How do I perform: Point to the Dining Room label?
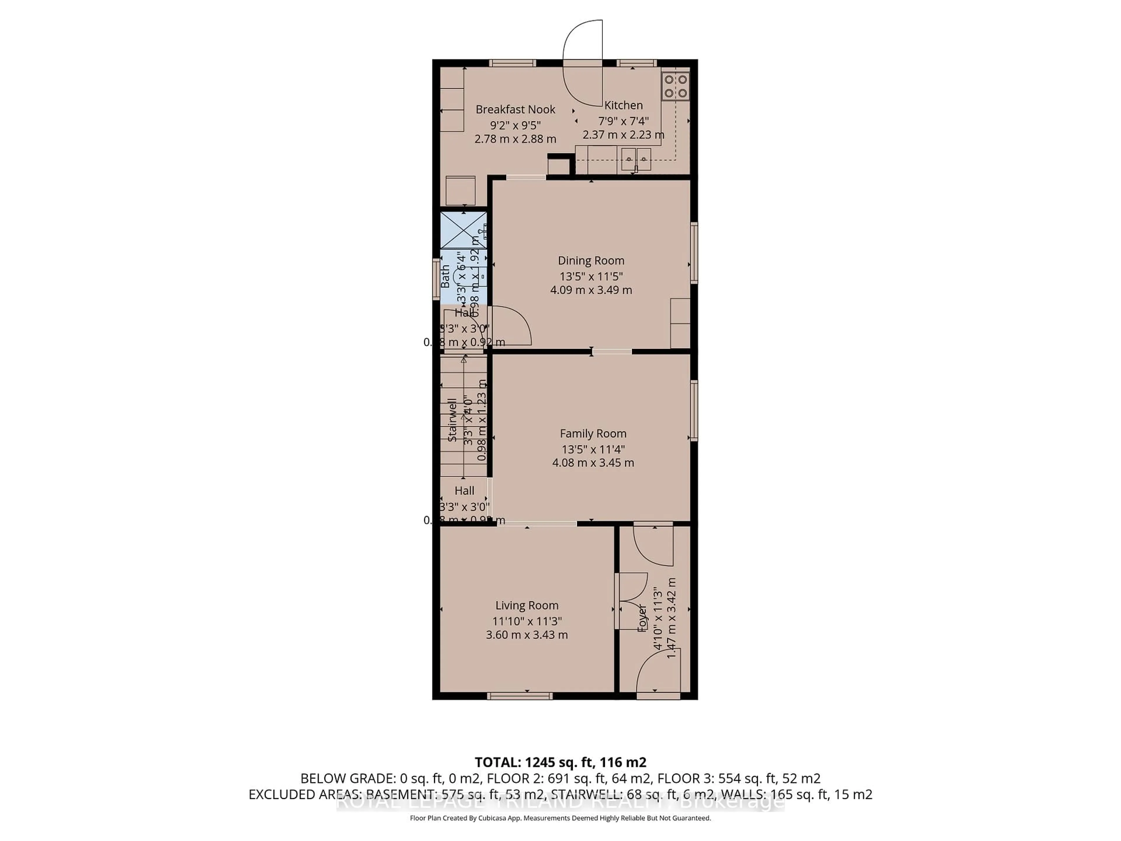point(591,260)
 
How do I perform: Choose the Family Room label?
point(593,433)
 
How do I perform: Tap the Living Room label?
point(527,605)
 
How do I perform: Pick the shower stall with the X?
point(463,230)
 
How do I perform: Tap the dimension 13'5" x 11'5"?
point(591,276)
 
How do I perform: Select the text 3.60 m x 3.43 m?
point(527,635)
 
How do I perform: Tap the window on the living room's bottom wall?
point(520,696)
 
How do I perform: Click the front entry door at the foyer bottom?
point(657,674)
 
